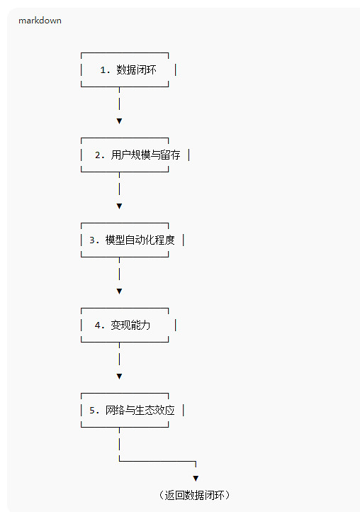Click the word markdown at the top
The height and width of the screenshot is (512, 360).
40,21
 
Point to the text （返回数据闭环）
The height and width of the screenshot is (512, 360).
194,496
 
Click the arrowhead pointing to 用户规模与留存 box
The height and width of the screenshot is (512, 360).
120,121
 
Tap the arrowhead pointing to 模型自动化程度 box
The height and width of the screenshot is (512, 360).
120,206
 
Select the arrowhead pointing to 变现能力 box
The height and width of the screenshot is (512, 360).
120,291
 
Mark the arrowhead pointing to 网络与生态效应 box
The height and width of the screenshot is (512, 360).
120,377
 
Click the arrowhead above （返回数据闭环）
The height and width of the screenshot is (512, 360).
196,479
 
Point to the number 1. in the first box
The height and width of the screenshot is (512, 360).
105,70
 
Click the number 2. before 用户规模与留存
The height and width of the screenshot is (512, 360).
99,155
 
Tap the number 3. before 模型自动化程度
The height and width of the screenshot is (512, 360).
94,240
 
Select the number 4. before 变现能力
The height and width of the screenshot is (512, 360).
99,325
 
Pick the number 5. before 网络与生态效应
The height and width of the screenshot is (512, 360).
94,411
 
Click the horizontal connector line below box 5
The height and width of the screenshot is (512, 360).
157,462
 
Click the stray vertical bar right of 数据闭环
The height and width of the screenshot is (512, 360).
176,70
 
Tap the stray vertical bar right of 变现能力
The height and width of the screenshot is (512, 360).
176,325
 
